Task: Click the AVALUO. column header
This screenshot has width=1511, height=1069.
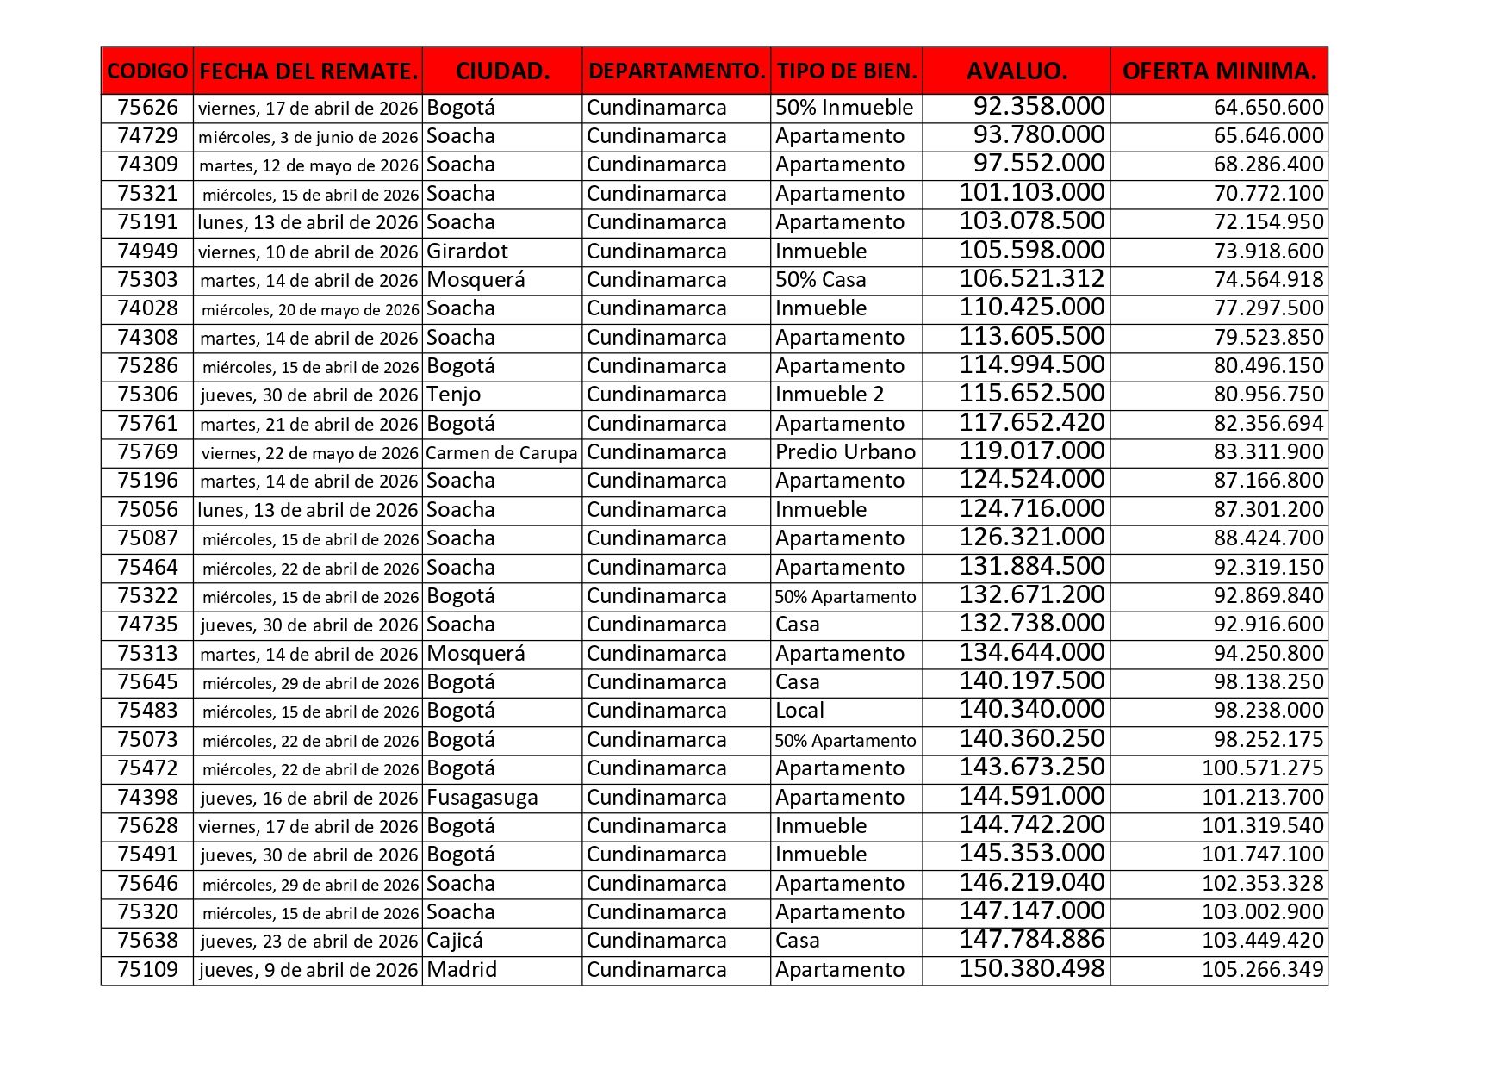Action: pyautogui.click(x=1017, y=71)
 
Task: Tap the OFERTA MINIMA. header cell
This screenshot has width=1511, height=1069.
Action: pyautogui.click(x=1219, y=71)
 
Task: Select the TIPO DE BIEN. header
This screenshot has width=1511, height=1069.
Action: pyautogui.click(x=847, y=71)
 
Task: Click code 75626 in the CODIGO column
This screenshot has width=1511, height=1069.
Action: pyautogui.click(x=147, y=108)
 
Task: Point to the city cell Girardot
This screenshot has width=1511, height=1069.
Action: pyautogui.click(x=468, y=252)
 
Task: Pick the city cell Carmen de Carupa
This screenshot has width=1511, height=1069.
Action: pyautogui.click(x=501, y=453)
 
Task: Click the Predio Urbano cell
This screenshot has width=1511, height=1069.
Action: pyautogui.click(x=845, y=452)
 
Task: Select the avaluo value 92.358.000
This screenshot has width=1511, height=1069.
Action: pyautogui.click(x=1039, y=107)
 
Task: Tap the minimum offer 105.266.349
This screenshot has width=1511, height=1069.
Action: pyautogui.click(x=1262, y=970)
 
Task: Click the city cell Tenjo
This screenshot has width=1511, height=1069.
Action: pyautogui.click(x=454, y=395)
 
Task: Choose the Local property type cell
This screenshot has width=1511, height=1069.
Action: pyautogui.click(x=799, y=711)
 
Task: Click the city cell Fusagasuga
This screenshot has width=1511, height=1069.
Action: pyautogui.click(x=482, y=798)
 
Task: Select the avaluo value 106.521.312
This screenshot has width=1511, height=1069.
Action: pyautogui.click(x=1032, y=279)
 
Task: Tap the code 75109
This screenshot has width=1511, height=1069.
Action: pyautogui.click(x=147, y=970)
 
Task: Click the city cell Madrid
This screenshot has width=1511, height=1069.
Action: pyautogui.click(x=462, y=970)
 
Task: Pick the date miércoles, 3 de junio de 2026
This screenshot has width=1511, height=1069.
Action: pyautogui.click(x=308, y=137)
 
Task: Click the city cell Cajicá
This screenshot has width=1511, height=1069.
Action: pyautogui.click(x=455, y=941)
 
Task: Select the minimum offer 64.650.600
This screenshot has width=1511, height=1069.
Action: pyautogui.click(x=1268, y=108)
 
